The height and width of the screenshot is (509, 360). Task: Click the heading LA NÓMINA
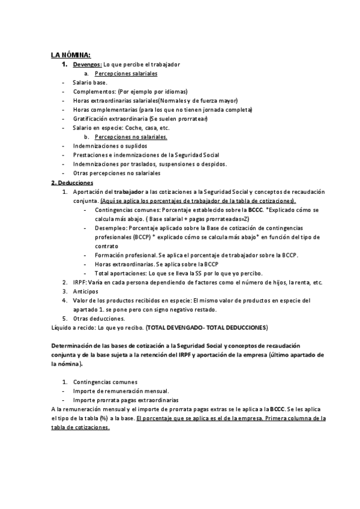(x=71, y=55)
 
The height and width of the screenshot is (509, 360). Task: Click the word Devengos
(x=87, y=64)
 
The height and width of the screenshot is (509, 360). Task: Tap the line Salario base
(x=90, y=82)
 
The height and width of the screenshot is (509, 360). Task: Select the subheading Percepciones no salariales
(x=130, y=137)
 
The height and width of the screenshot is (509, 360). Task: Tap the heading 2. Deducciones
(x=71, y=182)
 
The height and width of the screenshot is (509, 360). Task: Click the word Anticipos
(x=85, y=291)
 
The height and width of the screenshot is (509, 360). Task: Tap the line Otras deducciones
(x=99, y=318)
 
